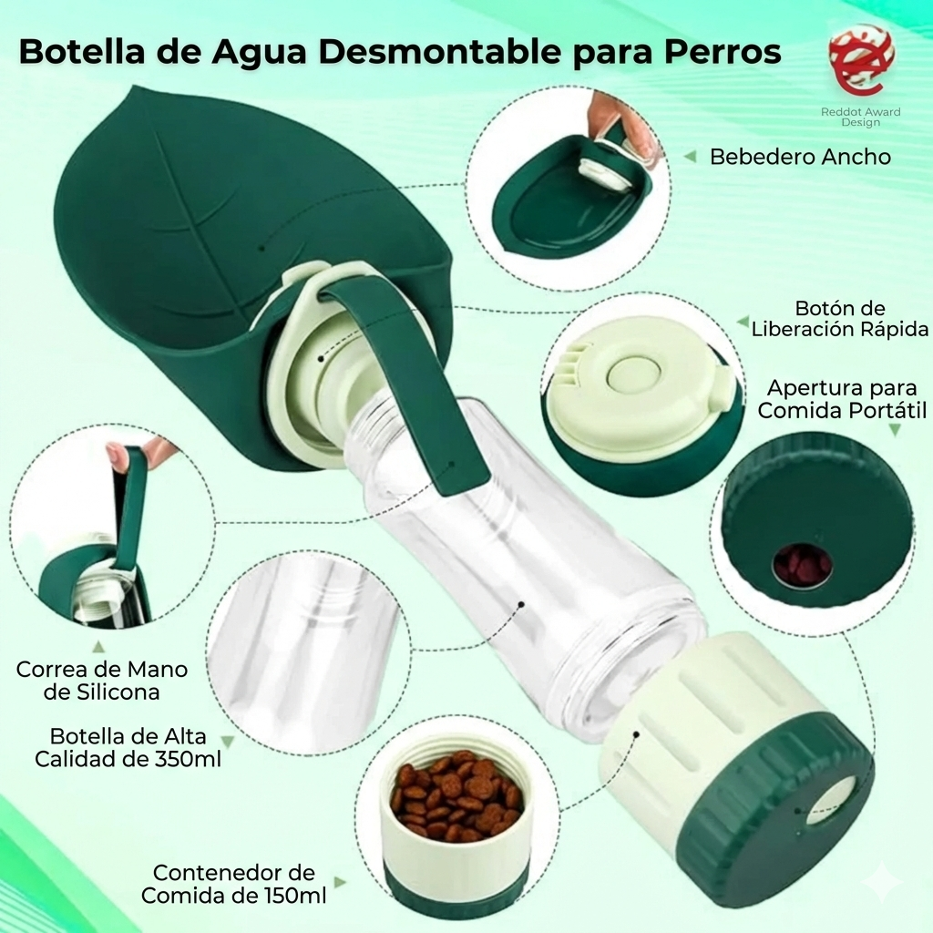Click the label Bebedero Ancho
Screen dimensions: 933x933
(x=800, y=157)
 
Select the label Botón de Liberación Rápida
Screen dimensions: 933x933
(x=840, y=319)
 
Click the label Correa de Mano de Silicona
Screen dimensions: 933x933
(x=102, y=681)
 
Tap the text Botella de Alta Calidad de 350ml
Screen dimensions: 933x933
(x=128, y=747)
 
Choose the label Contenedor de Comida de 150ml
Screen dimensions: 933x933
(x=234, y=884)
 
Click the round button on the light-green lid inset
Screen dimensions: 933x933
(x=631, y=373)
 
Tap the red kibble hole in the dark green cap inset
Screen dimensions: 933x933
(x=802, y=565)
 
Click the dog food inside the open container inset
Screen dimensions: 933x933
(x=456, y=796)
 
